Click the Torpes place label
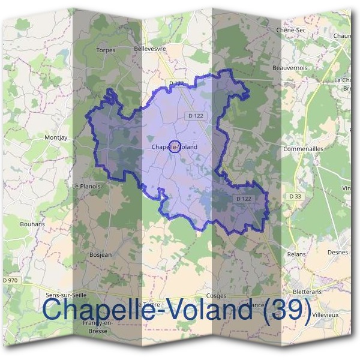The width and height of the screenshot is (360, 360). pos(106,50)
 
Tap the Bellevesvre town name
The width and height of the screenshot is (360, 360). pos(150,48)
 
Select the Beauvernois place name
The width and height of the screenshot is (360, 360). pos(290,68)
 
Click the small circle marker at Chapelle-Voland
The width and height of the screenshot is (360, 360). pos(175,146)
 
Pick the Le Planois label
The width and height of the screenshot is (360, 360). pos(86,186)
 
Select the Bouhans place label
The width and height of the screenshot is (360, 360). pos(49,224)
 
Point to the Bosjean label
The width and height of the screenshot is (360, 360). pos(100,254)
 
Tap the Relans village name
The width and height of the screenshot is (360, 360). pos(296,254)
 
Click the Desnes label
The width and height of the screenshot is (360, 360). pos(338,253)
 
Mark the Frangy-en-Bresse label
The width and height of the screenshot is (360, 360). pos(97,326)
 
